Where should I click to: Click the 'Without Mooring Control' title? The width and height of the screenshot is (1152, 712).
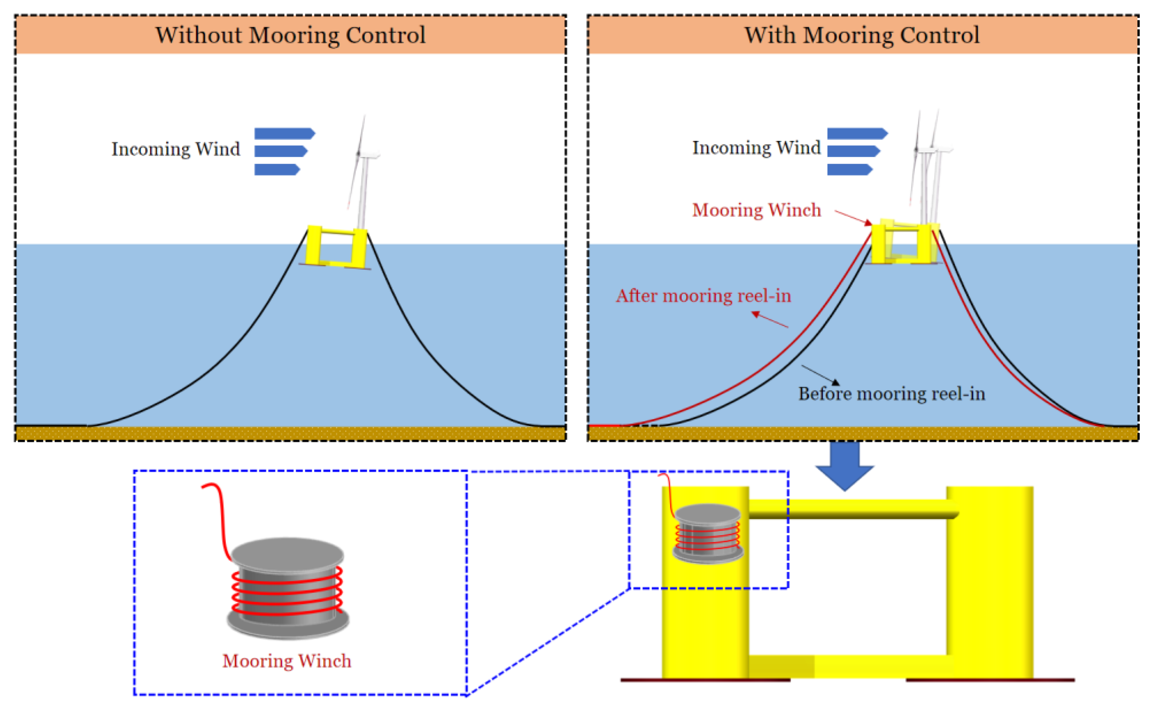[x=290, y=35]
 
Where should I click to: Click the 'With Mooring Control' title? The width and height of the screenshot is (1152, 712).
[x=862, y=35]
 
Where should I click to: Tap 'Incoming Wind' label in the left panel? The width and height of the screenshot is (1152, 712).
[x=176, y=149]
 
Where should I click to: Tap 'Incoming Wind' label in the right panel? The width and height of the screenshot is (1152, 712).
[x=756, y=148]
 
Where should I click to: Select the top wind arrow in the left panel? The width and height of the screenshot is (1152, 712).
[x=284, y=134]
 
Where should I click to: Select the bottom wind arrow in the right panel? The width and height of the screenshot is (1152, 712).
[x=849, y=169]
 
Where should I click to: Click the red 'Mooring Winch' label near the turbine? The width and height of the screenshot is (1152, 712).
[x=756, y=210]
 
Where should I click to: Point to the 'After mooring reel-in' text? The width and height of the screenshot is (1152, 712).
[x=703, y=296]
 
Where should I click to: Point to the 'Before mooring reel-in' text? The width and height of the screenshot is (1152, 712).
[x=891, y=394]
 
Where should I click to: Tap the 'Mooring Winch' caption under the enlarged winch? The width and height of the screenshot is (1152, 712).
[x=287, y=661]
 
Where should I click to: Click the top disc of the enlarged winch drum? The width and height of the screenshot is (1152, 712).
[x=287, y=554]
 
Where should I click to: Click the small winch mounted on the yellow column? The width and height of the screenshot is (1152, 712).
[x=707, y=534]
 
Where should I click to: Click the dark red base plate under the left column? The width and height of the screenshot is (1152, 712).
[x=705, y=680]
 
